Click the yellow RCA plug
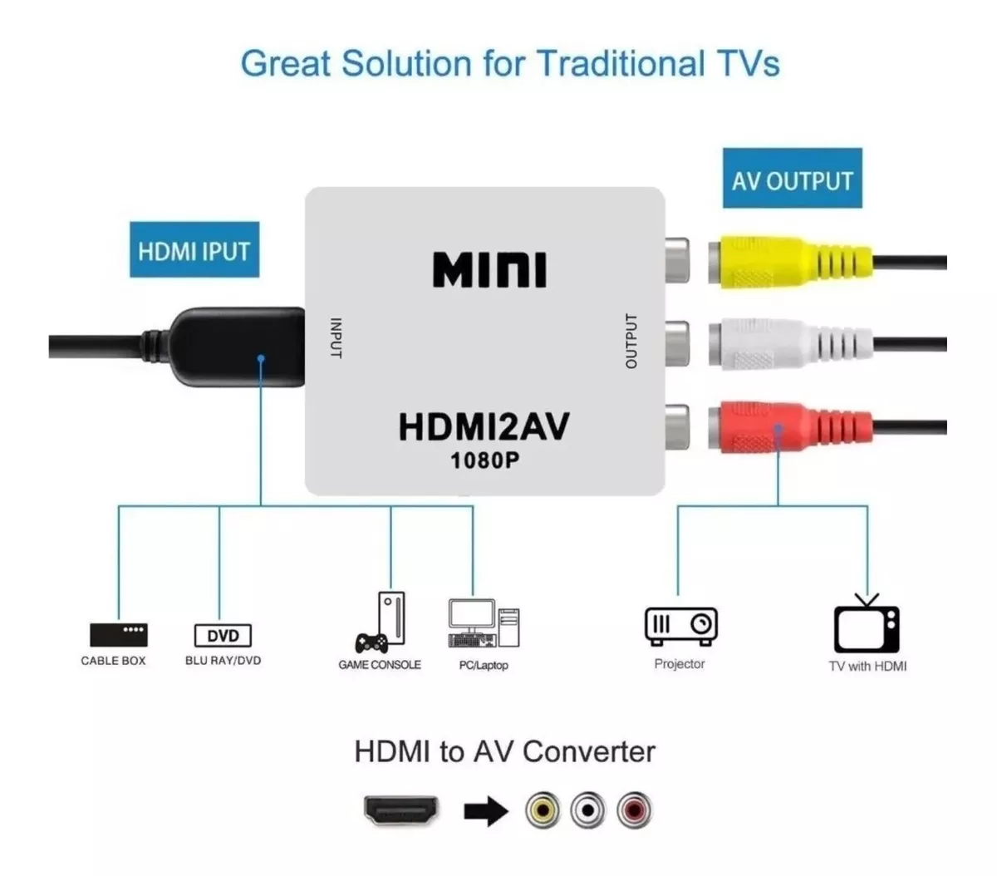coord(789,263)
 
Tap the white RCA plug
coord(789,343)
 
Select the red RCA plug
coord(789,426)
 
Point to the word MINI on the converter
coord(489,270)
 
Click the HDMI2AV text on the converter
coord(484,426)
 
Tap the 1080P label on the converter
coord(484,460)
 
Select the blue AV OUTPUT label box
coord(792,179)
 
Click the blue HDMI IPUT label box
coord(194,249)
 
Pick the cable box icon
coord(118,634)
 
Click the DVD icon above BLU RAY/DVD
coord(223,636)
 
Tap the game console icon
coord(384,623)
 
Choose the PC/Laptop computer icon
coord(484,623)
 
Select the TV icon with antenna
coord(866,625)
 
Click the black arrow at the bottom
coord(485,810)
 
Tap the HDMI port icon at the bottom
coord(401,810)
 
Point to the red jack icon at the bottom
coord(635,810)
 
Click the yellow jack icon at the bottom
coord(543,810)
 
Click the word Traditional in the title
coord(620,64)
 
